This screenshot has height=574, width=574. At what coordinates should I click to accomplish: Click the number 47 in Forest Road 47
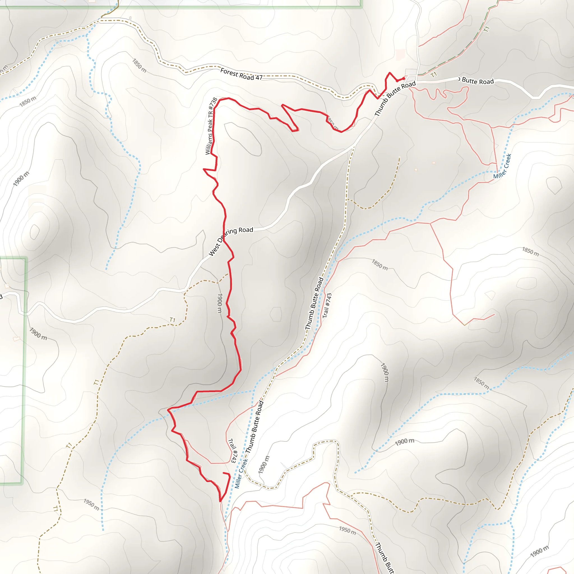(259, 78)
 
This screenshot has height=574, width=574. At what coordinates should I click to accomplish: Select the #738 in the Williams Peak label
(213, 104)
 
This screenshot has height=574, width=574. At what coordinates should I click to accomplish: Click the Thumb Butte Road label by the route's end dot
(395, 99)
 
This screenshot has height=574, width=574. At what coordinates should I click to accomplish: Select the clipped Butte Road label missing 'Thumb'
(477, 81)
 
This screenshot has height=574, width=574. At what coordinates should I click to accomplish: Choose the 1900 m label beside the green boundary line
(38, 334)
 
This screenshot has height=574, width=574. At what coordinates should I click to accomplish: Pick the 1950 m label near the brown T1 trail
(91, 504)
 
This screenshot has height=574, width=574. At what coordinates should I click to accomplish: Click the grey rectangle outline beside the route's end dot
(411, 72)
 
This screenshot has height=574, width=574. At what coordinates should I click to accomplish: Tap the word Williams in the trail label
(209, 144)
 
